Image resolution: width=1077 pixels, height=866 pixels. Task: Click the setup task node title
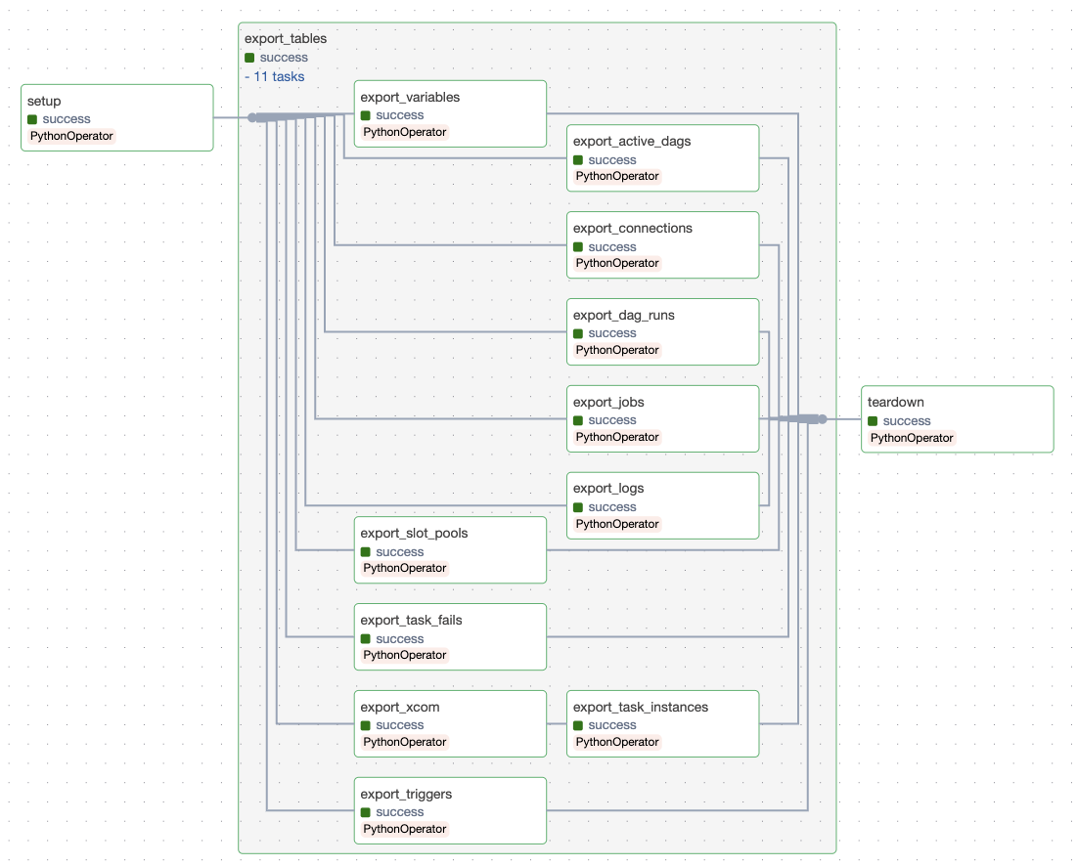pyautogui.click(x=44, y=102)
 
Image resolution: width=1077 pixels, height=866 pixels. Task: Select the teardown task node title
pyautogui.click(x=895, y=402)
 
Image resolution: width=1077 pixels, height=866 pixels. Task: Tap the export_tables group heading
pyautogui.click(x=286, y=39)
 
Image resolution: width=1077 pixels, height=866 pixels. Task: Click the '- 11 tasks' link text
pyautogui.click(x=275, y=76)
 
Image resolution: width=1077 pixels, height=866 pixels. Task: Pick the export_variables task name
pyautogui.click(x=410, y=97)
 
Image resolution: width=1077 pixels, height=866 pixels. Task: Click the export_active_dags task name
pyautogui.click(x=632, y=141)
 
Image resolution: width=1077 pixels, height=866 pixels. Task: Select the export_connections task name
pyautogui.click(x=632, y=228)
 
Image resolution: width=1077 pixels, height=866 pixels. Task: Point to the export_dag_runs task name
pyautogui.click(x=623, y=315)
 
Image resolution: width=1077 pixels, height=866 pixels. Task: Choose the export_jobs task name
pyautogui.click(x=608, y=402)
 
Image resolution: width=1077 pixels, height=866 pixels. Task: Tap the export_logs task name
pyautogui.click(x=608, y=488)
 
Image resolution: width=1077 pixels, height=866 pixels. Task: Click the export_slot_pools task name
pyautogui.click(x=414, y=533)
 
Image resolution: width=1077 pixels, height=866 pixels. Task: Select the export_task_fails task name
pyautogui.click(x=411, y=620)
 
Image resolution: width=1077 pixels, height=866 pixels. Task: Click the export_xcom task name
pyautogui.click(x=392, y=707)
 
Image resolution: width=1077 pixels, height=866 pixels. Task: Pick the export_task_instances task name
pyautogui.click(x=640, y=707)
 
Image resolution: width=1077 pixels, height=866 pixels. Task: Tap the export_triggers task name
pyautogui.click(x=406, y=794)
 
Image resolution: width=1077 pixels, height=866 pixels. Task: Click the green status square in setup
pyautogui.click(x=32, y=119)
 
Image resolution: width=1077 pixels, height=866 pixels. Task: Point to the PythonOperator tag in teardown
pyautogui.click(x=911, y=438)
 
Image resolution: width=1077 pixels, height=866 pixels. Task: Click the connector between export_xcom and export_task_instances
pyautogui.click(x=557, y=724)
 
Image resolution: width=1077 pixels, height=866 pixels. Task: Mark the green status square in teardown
pyautogui.click(x=873, y=421)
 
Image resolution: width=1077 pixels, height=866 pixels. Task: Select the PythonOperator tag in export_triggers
pyautogui.click(x=404, y=829)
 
